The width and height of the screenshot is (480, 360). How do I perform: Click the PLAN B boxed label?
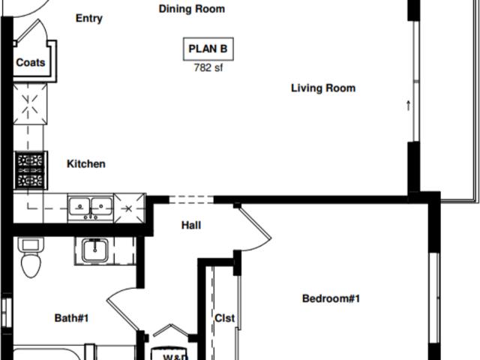[208, 49]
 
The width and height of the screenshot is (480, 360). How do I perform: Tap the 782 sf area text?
[208, 67]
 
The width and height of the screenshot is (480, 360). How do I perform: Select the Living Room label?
[323, 88]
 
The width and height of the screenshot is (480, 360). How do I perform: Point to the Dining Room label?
[192, 9]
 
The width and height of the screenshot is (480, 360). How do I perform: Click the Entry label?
[89, 19]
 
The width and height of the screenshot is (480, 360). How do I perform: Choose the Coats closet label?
[31, 63]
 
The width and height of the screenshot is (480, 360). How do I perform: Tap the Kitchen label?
[86, 164]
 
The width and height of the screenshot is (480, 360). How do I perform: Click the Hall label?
[191, 225]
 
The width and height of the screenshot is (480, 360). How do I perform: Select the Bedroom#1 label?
[331, 299]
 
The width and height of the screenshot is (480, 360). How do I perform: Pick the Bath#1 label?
[72, 319]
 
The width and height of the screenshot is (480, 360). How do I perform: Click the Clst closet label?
[225, 318]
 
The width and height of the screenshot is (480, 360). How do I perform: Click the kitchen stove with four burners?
[31, 170]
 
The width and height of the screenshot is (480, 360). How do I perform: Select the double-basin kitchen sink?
[90, 206]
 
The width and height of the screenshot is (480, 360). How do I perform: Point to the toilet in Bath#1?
[31, 258]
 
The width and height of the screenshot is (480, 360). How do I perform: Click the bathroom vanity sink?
[95, 250]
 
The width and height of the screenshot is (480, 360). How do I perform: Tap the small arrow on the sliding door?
[409, 106]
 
